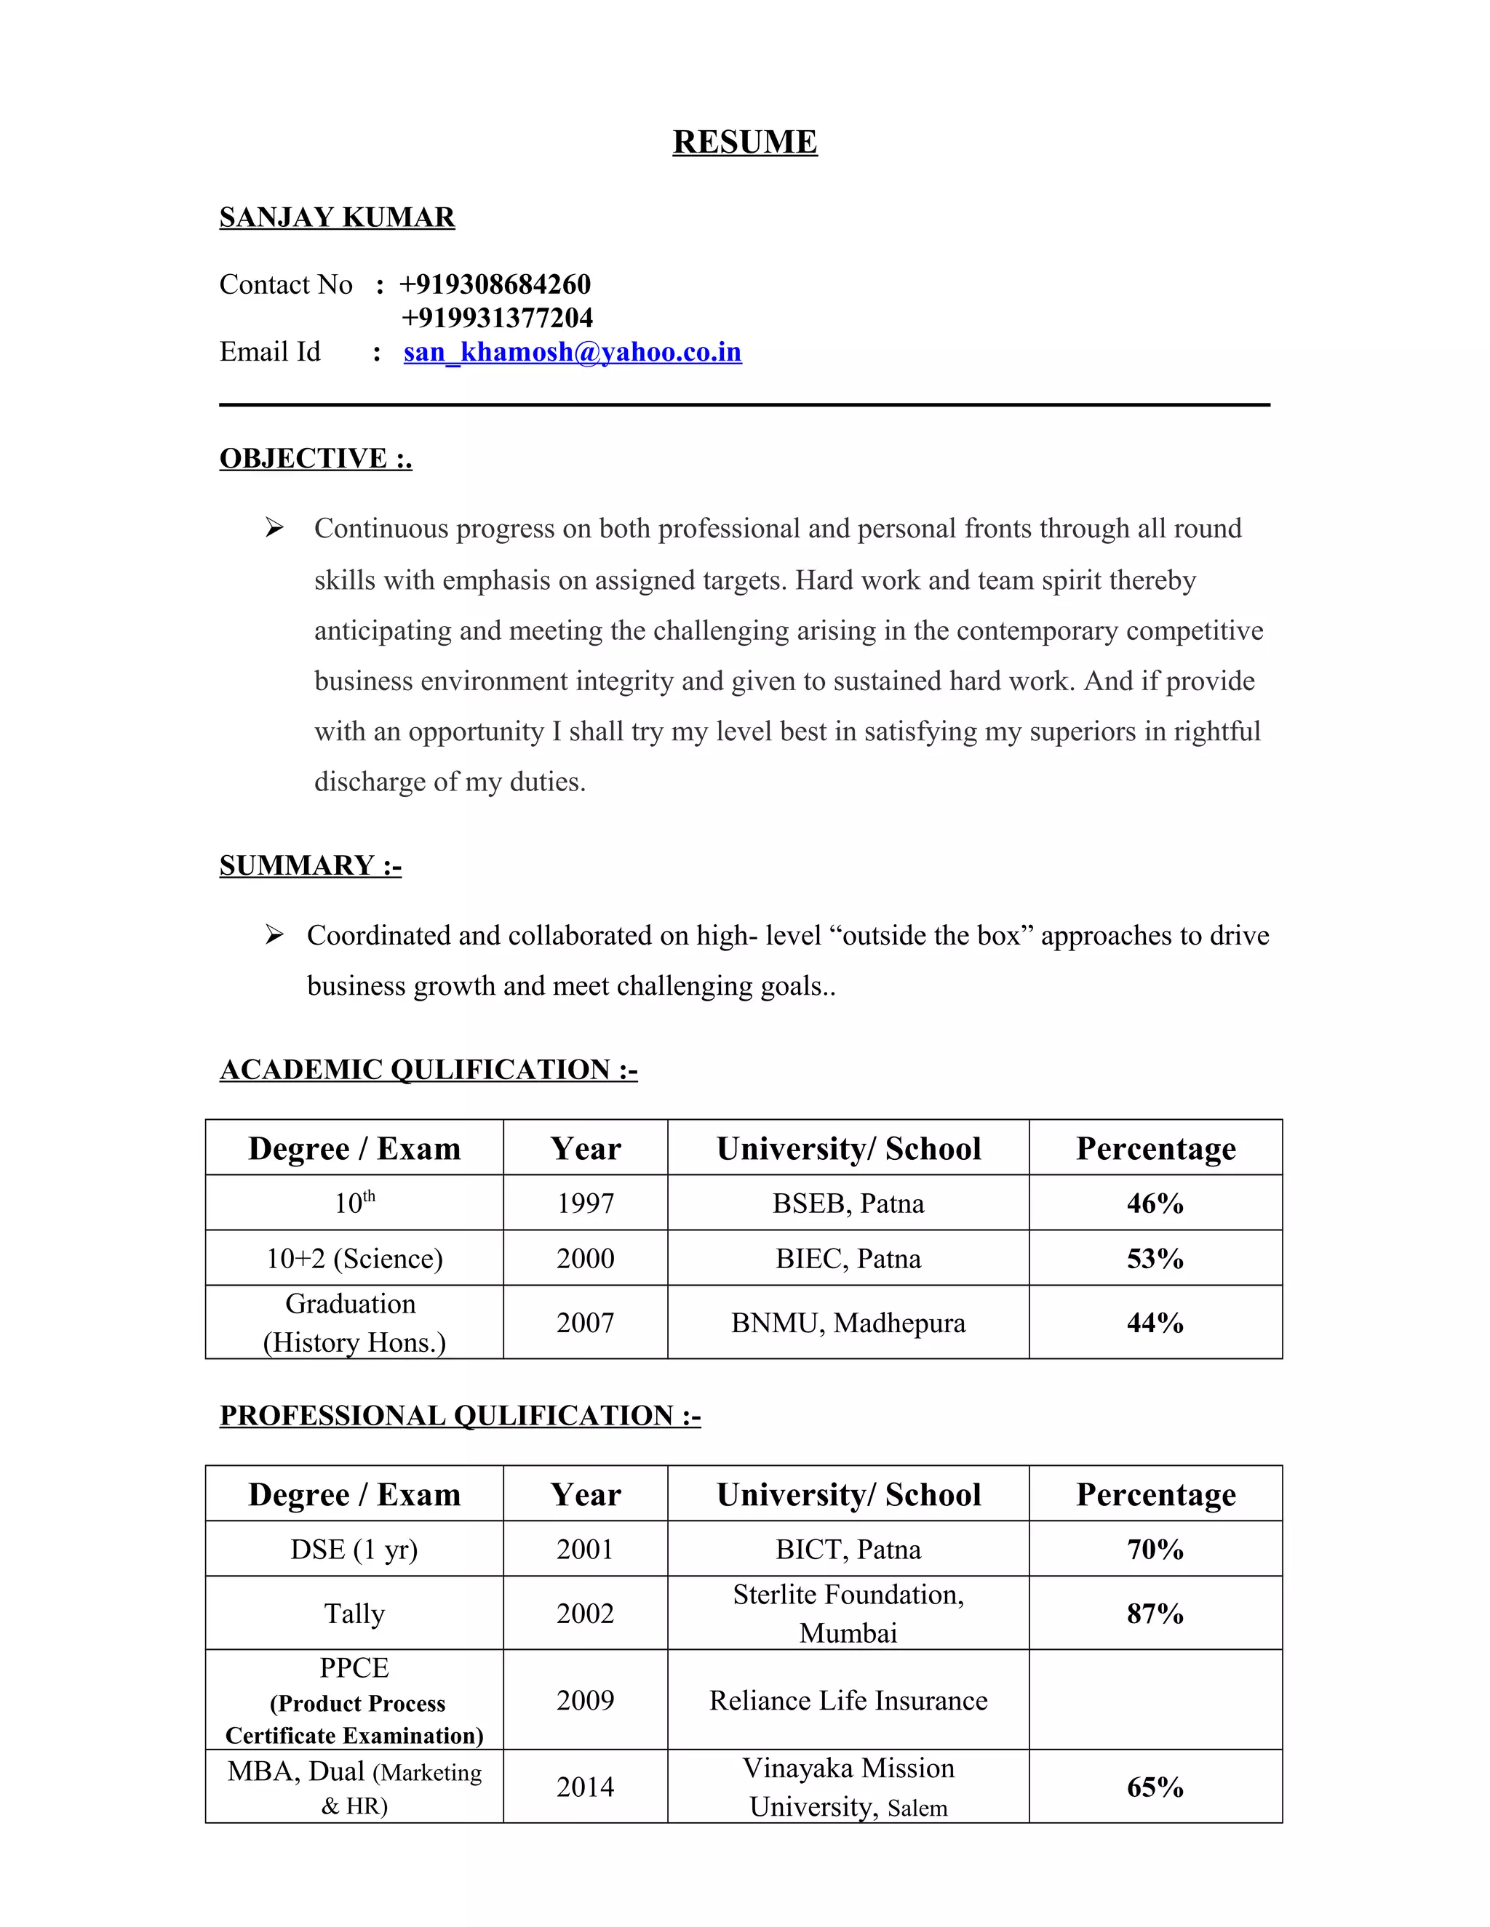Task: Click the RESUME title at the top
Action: pos(744,142)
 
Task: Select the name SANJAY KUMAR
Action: pos(336,217)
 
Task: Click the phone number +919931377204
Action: pos(497,318)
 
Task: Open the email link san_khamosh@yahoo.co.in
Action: pos(572,352)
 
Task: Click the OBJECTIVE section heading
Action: pos(315,458)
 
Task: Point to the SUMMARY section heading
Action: pos(310,865)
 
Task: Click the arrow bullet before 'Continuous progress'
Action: pos(274,528)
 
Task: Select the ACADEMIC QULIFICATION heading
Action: pos(428,1070)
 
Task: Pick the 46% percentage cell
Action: pos(1155,1203)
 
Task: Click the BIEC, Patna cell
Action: pos(848,1258)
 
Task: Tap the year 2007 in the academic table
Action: pos(584,1323)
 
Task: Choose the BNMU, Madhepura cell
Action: pos(848,1323)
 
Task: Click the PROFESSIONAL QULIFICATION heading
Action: pos(459,1415)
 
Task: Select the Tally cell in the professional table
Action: pos(354,1614)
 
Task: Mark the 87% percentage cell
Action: pos(1155,1614)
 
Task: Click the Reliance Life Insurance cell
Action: pos(848,1700)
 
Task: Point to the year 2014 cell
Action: pos(584,1787)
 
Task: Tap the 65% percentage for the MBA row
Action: pos(1155,1787)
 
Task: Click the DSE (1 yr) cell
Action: pos(354,1550)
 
